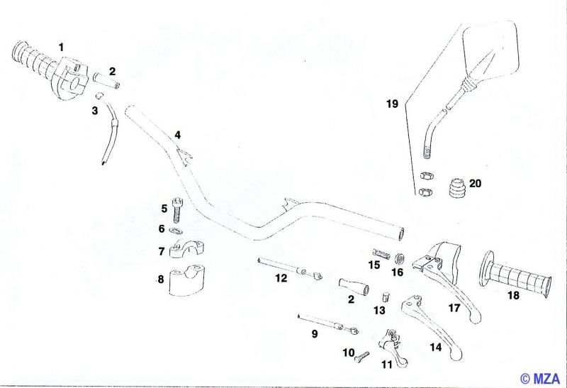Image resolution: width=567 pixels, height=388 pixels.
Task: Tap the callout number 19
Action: [393, 104]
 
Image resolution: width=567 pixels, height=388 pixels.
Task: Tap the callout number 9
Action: [315, 333]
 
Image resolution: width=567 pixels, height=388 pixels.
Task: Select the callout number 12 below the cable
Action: [281, 278]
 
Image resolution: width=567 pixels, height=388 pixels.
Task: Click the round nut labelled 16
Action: [400, 258]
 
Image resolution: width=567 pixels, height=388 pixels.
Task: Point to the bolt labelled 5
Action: [176, 209]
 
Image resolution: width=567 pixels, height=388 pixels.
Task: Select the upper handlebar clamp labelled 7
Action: [186, 250]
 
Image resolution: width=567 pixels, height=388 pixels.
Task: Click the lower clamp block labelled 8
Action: [186, 280]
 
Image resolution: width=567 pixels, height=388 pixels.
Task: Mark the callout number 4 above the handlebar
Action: [178, 135]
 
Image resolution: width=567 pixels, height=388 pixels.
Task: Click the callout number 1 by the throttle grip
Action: [61, 47]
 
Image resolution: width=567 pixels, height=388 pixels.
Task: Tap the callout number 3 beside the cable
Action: [95, 111]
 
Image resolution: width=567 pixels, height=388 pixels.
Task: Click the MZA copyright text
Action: [539, 379]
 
